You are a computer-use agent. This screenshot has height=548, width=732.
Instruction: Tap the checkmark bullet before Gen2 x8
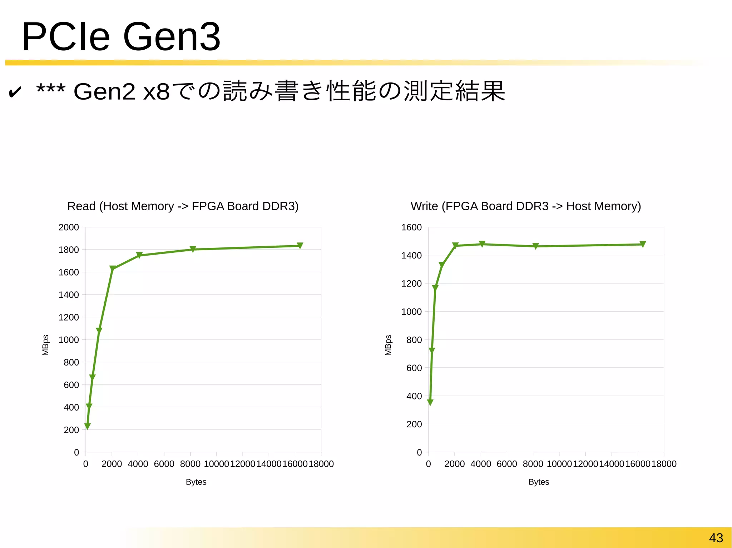tap(15, 92)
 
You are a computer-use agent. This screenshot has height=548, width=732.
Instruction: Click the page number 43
tap(716, 538)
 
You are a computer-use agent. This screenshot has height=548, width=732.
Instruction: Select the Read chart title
tap(183, 206)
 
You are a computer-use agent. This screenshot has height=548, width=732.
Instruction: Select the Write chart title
tap(525, 206)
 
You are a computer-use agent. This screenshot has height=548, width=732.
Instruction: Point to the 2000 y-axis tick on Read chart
tap(69, 227)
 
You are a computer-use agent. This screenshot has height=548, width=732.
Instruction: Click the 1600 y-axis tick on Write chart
tap(411, 227)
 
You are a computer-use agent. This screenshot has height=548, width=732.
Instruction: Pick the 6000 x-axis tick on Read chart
tap(164, 464)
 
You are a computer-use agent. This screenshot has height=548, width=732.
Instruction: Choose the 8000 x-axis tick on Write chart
tap(533, 464)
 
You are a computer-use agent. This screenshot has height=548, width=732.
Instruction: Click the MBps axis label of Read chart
tap(45, 345)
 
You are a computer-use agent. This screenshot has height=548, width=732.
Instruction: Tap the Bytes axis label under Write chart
tap(539, 482)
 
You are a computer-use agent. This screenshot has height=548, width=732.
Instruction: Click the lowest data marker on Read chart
tap(87, 426)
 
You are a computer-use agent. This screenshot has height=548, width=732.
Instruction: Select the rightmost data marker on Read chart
tap(300, 245)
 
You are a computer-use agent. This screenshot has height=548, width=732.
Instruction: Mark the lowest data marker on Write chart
tap(430, 402)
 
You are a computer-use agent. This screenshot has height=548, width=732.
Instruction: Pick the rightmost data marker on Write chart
tap(643, 244)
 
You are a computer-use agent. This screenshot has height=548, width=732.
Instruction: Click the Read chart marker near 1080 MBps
tap(99, 331)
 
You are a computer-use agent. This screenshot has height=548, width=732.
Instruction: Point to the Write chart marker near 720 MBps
tap(432, 351)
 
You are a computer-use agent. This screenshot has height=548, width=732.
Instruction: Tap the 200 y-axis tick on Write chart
tap(414, 424)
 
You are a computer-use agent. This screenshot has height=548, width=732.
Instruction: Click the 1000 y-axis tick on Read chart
tap(69, 340)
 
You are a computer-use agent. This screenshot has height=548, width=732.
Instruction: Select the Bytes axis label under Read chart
tap(196, 482)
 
